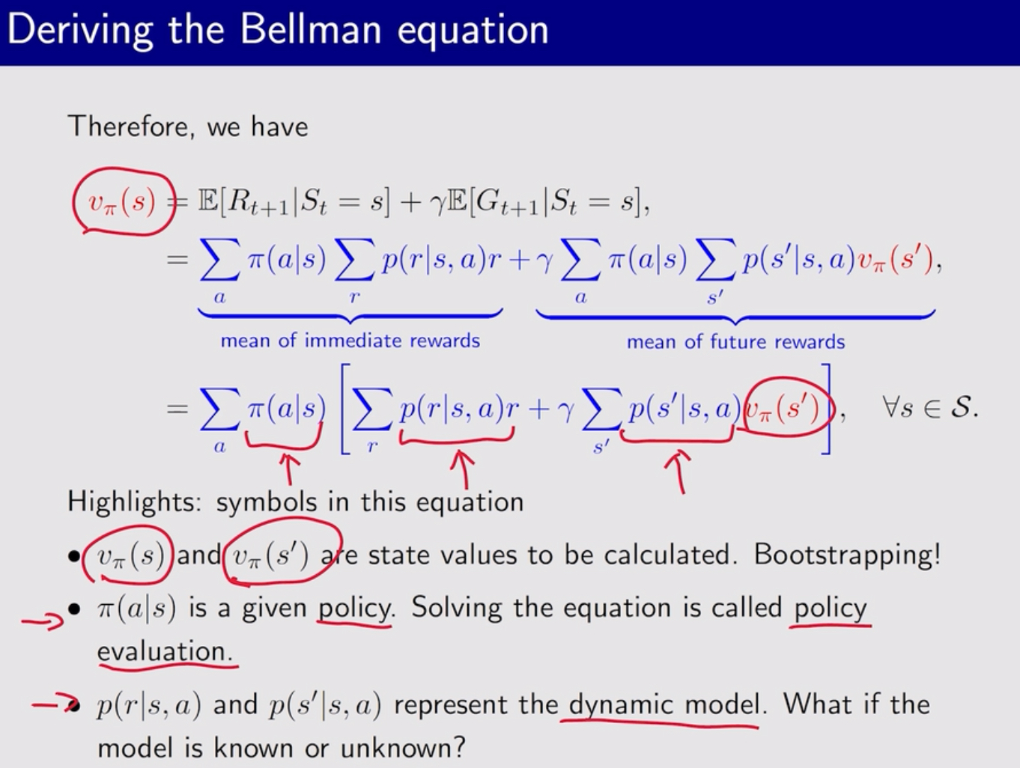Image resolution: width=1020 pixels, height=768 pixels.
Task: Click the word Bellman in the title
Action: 310,29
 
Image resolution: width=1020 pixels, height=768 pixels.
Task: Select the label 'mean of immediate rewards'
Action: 350,341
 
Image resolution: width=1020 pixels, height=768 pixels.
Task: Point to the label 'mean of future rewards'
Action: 735,342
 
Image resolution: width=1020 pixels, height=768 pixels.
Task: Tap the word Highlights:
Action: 135,502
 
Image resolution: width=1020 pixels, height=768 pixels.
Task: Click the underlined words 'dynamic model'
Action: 664,704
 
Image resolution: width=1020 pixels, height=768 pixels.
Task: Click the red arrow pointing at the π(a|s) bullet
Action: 43,621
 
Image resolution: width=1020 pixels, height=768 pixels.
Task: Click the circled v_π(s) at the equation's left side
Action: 124,201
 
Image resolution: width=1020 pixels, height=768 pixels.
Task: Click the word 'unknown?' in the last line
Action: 402,749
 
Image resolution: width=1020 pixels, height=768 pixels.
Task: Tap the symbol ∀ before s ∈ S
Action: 891,407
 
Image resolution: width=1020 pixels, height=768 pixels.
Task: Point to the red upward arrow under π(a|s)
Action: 289,469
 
